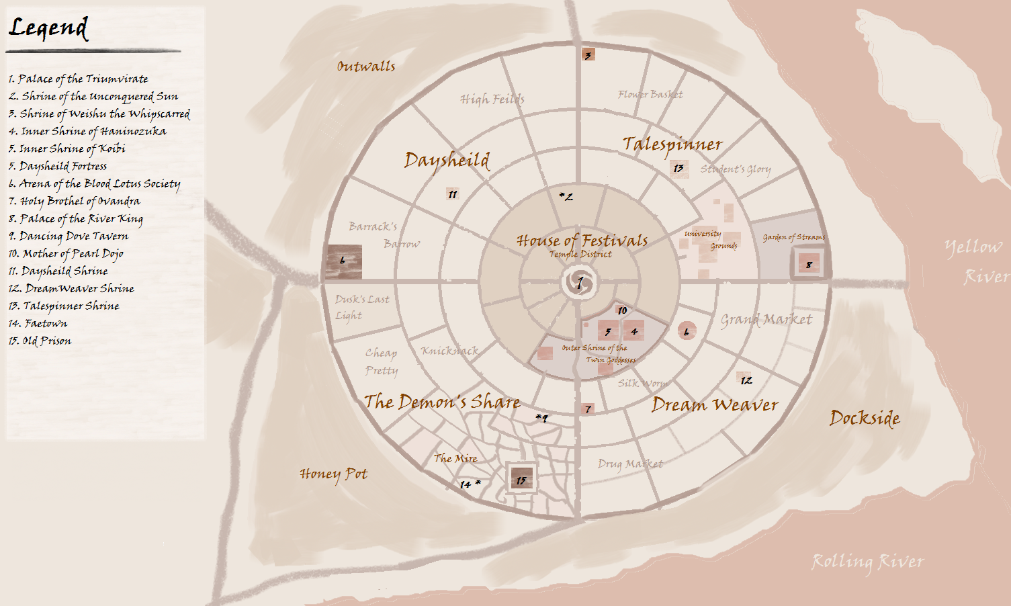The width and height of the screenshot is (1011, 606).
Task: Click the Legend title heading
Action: [48, 28]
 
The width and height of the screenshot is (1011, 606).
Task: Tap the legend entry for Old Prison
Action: [40, 341]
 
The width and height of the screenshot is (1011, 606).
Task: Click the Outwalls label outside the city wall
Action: [366, 66]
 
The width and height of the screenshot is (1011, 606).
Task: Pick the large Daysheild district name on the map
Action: [447, 161]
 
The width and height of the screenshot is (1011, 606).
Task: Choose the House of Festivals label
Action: [582, 240]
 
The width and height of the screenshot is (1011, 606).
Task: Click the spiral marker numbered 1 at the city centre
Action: [580, 283]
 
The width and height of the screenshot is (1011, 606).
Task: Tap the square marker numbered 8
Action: [809, 264]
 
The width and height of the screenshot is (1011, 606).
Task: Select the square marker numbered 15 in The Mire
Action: [521, 479]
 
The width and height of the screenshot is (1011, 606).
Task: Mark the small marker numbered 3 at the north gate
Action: [588, 55]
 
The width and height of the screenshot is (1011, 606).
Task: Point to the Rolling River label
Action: [868, 562]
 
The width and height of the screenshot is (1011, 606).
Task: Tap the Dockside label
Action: [865, 418]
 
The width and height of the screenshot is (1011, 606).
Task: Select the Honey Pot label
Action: [334, 474]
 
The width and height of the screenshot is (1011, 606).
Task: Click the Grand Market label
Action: [766, 320]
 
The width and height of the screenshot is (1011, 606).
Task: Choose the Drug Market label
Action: [630, 464]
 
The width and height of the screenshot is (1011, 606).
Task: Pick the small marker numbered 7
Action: [588, 408]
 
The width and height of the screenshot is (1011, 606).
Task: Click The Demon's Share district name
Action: [442, 402]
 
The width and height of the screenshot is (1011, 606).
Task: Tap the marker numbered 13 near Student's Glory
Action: [678, 168]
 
